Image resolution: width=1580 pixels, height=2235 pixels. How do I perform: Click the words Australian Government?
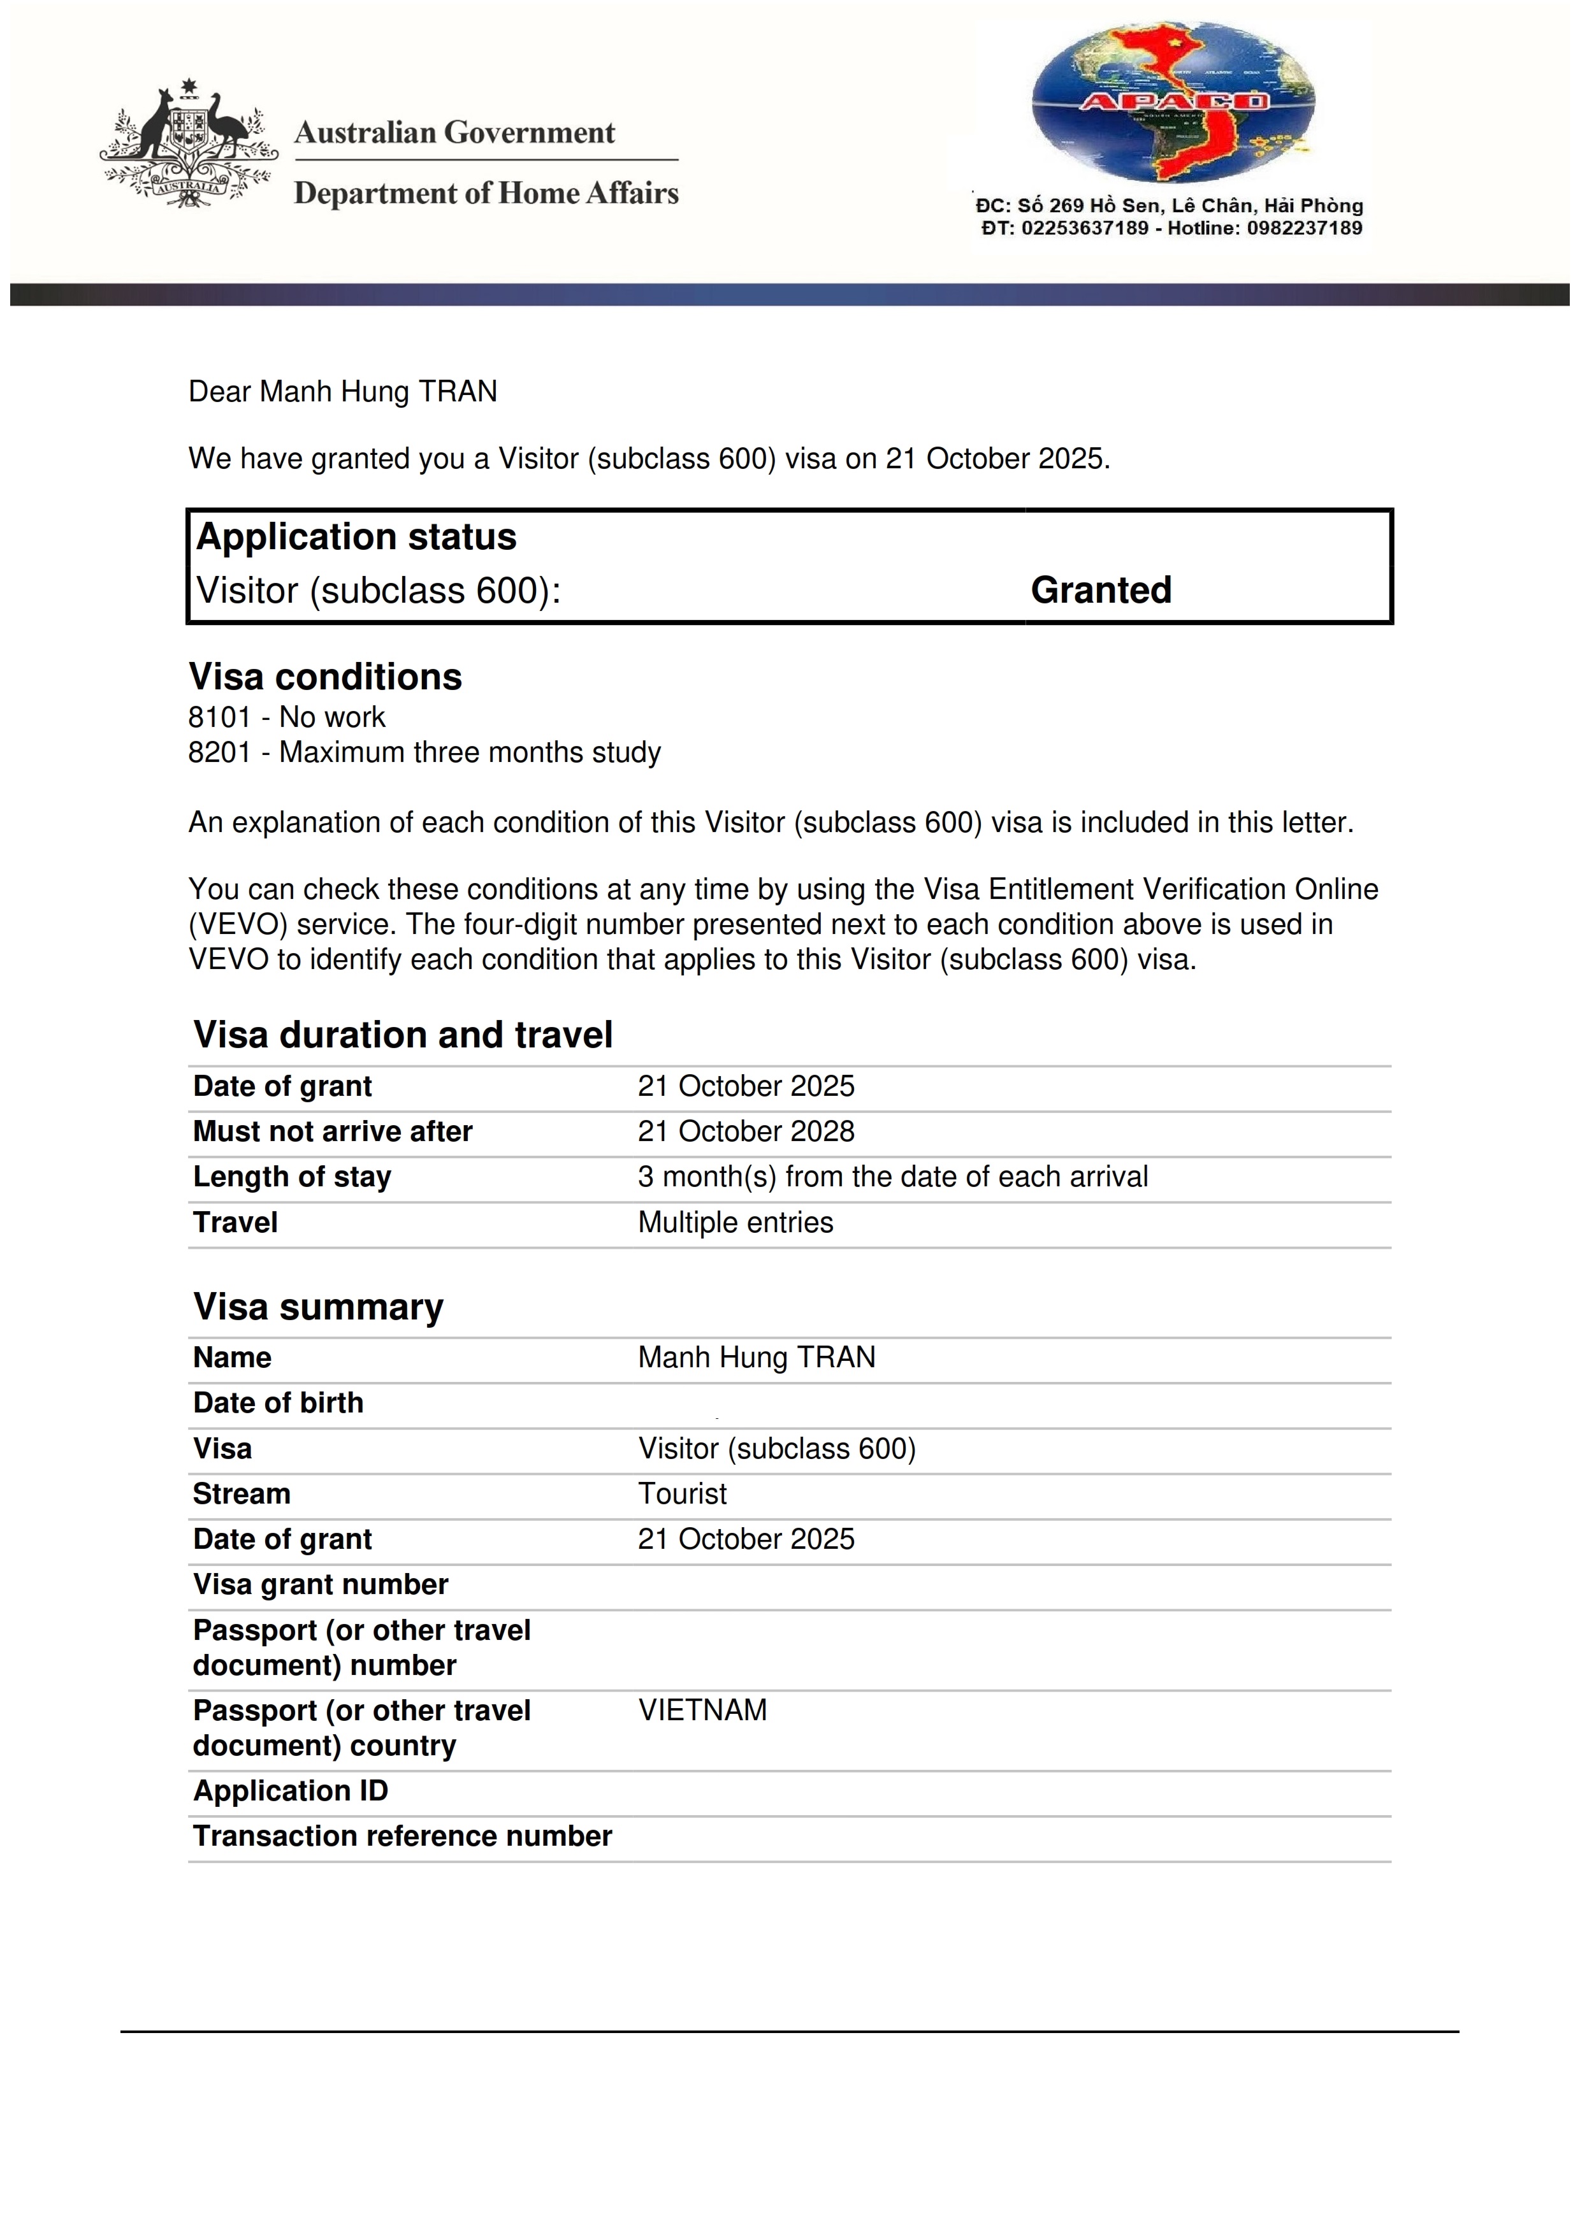[454, 133]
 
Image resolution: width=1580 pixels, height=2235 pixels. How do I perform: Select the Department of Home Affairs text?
[486, 193]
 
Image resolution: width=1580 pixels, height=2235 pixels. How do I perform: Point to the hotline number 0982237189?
[1305, 228]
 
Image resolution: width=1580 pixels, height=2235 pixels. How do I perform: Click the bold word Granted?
[1101, 590]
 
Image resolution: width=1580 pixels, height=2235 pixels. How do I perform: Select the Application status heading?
[356, 536]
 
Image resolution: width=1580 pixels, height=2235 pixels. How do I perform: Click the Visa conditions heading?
[325, 677]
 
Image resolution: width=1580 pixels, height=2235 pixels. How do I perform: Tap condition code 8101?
[220, 717]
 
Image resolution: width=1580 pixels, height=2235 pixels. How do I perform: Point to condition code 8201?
[220, 752]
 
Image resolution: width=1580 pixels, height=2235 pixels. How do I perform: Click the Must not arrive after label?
[332, 1131]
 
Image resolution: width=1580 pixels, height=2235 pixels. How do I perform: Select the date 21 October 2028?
[746, 1131]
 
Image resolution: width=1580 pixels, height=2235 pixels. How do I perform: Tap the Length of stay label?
[292, 1177]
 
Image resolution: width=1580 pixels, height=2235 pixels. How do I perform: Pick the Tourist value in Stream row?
[683, 1493]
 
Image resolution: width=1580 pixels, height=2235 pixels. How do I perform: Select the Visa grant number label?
[321, 1584]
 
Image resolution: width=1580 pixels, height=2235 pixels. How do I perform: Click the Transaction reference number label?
[402, 1836]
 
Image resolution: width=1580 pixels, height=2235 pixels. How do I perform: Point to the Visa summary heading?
[318, 1306]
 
